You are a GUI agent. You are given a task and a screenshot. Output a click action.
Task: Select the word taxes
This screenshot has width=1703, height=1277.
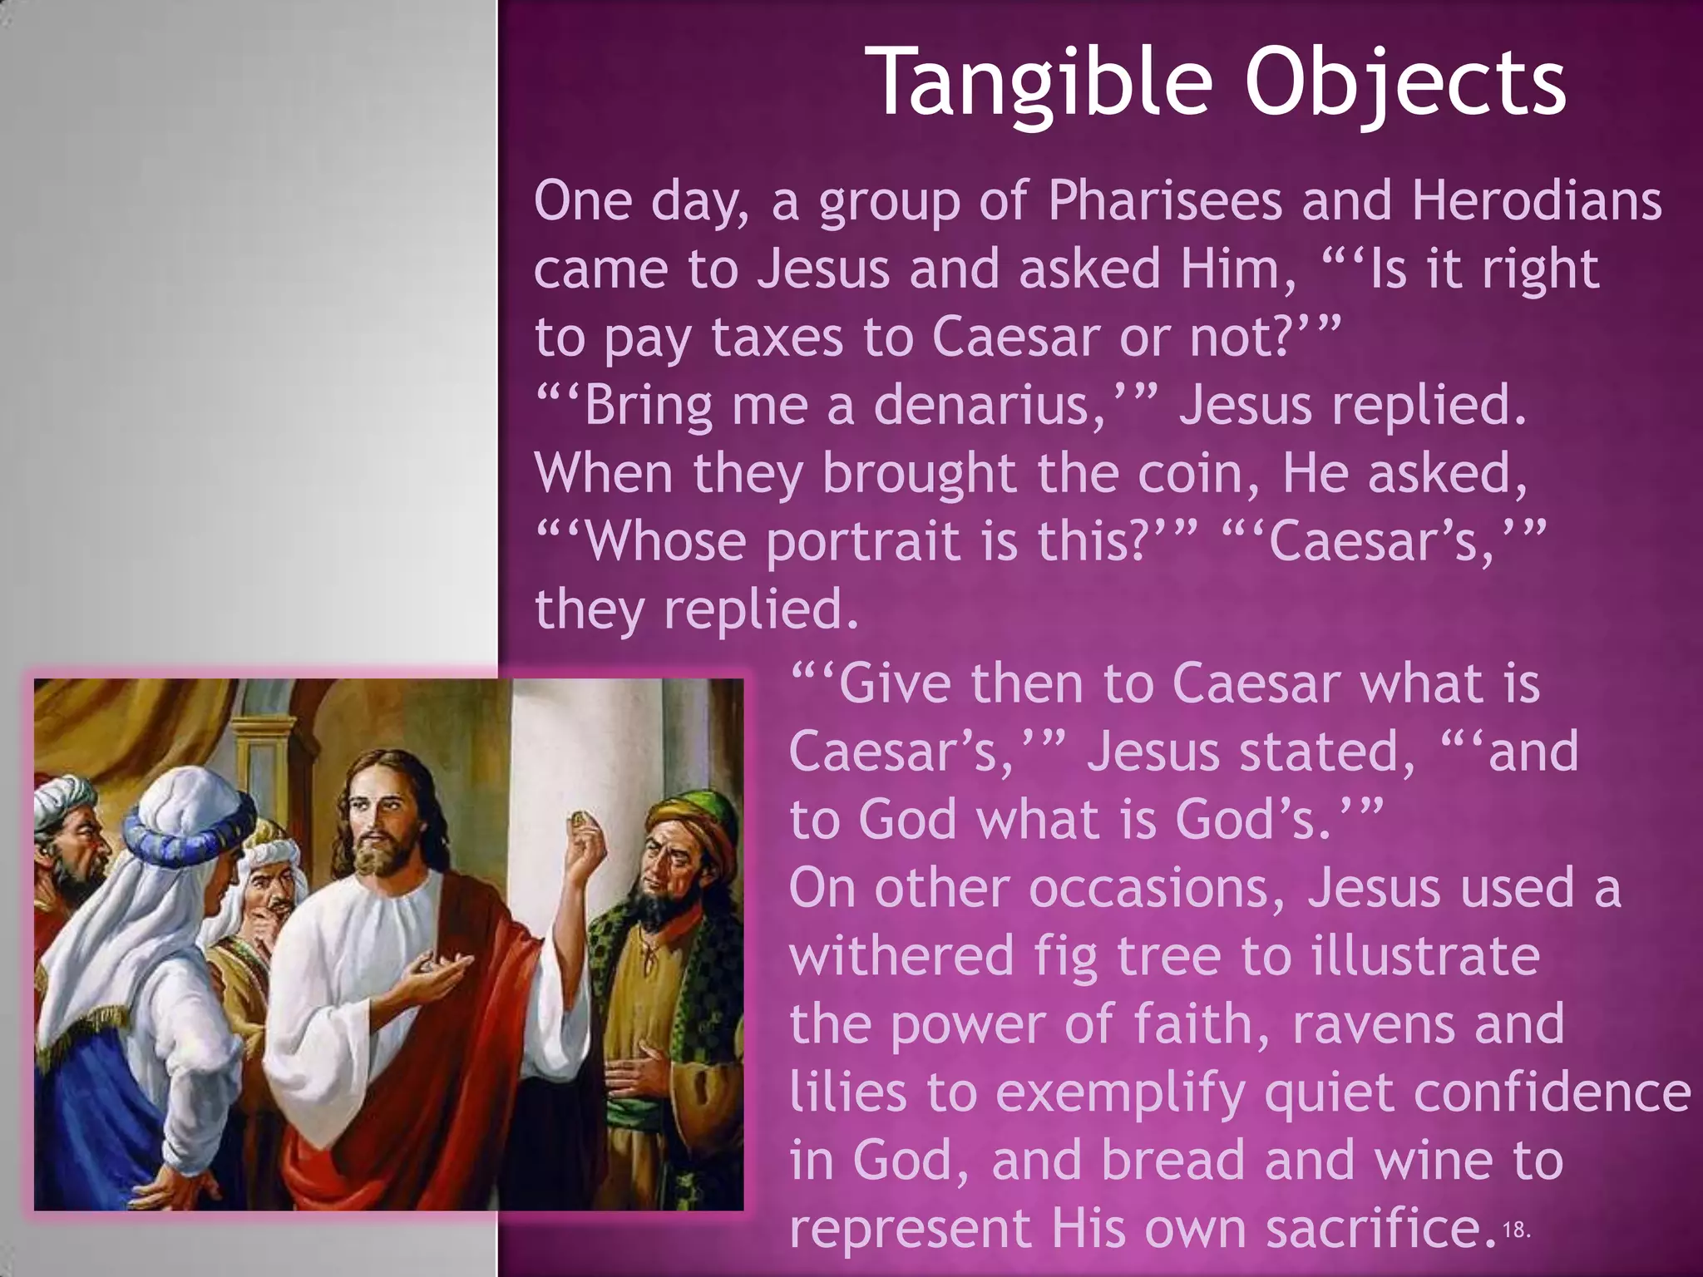point(777,338)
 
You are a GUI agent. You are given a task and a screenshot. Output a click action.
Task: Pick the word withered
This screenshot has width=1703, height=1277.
point(901,955)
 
